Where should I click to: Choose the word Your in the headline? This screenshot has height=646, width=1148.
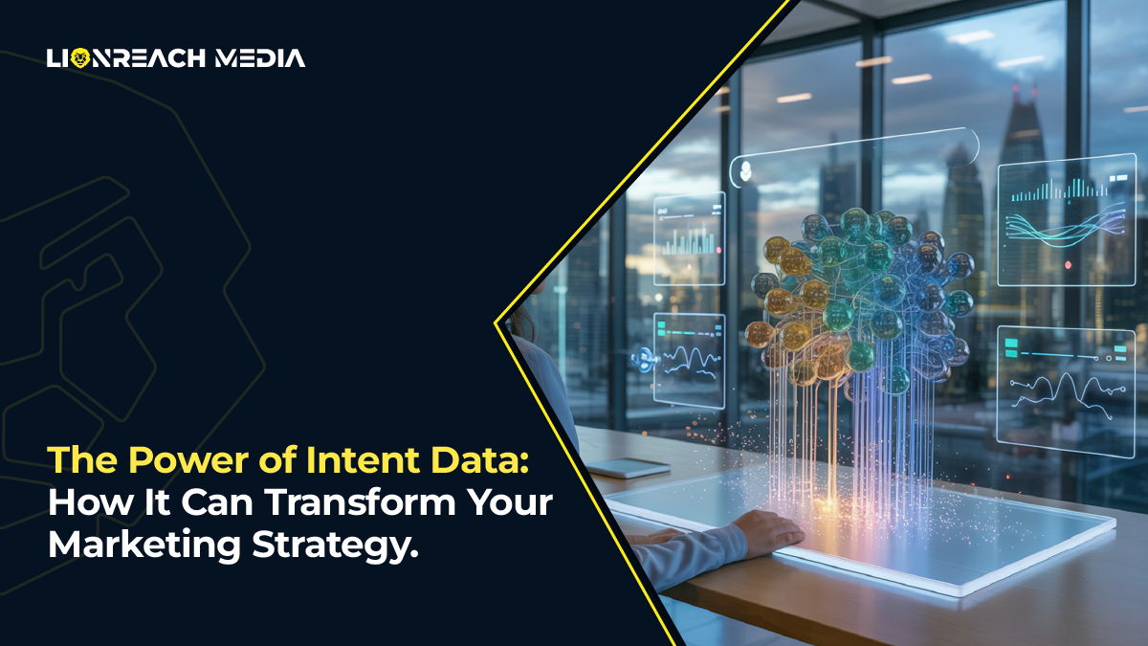(512, 504)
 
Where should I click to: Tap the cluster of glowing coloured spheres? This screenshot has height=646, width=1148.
(861, 297)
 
